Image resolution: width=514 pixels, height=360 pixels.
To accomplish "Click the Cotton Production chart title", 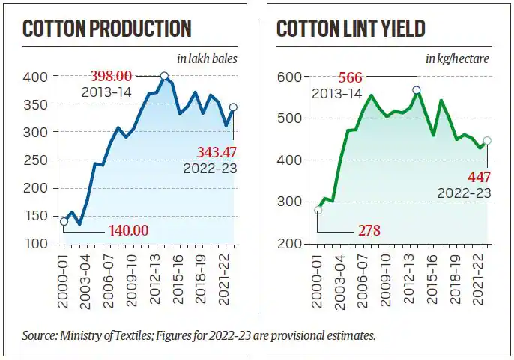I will click(x=106, y=29).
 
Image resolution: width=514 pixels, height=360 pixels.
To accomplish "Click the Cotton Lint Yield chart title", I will click(x=351, y=29).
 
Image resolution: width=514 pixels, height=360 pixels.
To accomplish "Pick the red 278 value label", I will click(x=367, y=230).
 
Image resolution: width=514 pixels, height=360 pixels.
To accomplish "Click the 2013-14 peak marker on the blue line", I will click(x=164, y=76).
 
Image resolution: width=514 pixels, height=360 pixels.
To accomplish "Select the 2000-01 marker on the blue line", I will click(x=64, y=221).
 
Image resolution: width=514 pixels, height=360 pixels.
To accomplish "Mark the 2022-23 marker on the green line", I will click(x=487, y=140).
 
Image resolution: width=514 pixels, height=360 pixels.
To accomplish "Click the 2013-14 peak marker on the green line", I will click(x=417, y=90).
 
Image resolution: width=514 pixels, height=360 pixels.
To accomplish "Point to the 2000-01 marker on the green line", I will click(x=318, y=210).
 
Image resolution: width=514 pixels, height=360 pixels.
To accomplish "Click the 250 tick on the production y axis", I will click(x=40, y=160).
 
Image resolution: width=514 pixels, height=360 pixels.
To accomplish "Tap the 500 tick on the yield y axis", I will click(x=289, y=118).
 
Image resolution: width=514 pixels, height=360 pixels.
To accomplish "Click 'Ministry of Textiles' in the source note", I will click(x=97, y=335).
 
